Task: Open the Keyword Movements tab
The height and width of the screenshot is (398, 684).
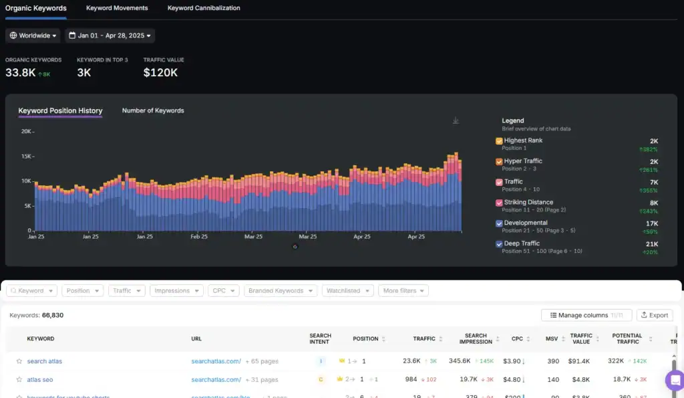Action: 117,8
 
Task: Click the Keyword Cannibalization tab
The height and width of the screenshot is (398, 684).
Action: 204,8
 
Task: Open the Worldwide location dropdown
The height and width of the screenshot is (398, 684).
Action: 33,35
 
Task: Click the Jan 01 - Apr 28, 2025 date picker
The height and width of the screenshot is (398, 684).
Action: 110,35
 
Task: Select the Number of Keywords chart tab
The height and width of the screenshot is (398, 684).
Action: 153,110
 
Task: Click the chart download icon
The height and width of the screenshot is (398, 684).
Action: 456,120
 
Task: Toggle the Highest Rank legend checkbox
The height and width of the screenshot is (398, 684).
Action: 499,141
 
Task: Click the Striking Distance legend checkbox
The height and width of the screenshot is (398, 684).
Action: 499,203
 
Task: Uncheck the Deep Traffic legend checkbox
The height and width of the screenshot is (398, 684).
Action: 499,244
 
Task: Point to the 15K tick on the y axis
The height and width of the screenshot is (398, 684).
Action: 26,157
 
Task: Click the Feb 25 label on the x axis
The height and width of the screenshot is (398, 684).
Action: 199,237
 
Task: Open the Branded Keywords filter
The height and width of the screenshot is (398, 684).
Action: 280,291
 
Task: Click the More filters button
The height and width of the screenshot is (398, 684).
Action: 403,291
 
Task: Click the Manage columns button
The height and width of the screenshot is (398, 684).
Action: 586,315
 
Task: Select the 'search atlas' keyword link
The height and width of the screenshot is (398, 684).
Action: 45,361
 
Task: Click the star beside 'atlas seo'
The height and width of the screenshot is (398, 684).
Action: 19,379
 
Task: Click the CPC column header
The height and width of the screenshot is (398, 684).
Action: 517,339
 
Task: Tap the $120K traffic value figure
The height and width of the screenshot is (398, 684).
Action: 160,72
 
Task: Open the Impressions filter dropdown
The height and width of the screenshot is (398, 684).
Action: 178,291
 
